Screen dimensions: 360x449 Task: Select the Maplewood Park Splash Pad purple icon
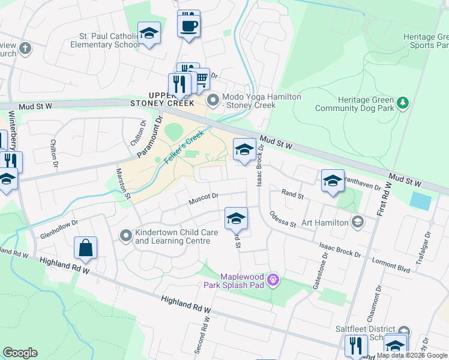tap(274, 280)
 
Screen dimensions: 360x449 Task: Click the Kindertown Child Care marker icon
tap(125, 235)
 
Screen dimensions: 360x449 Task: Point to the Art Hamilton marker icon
tap(358, 223)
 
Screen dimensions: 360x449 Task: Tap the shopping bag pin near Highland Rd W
tap(85, 248)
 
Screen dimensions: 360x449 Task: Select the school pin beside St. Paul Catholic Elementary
tap(149, 34)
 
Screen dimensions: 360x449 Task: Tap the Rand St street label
tap(293, 194)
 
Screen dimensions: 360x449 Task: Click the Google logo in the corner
tap(20, 353)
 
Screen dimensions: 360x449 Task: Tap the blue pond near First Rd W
tap(421, 201)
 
